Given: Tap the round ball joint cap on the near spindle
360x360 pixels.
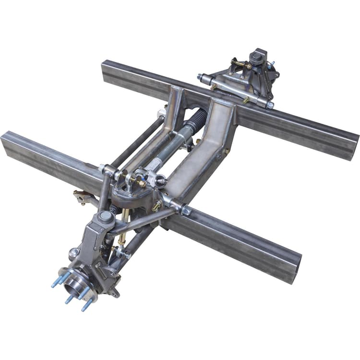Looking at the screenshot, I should pyautogui.click(x=106, y=217).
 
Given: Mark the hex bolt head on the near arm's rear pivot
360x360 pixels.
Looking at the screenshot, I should pyautogui.click(x=186, y=210).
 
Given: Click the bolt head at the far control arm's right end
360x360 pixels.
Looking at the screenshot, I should pyautogui.click(x=271, y=105).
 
